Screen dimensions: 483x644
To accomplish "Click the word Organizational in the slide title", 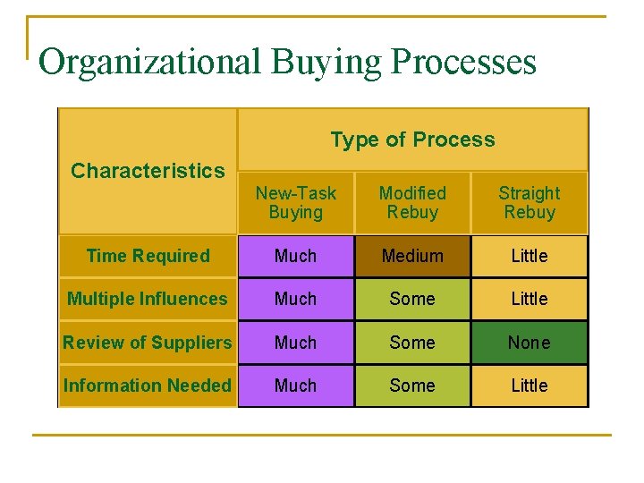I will click(150, 63).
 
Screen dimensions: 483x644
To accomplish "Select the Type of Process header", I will click(412, 140).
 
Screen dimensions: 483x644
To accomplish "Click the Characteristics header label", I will click(148, 171).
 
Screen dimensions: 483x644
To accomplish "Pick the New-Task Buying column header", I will click(295, 203).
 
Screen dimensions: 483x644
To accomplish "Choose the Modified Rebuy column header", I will click(412, 203).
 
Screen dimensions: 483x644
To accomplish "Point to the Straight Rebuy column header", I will click(530, 203).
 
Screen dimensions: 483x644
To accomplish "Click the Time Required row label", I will click(148, 256).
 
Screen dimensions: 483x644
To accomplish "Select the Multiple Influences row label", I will click(148, 299).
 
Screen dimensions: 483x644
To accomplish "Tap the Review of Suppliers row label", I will click(148, 343).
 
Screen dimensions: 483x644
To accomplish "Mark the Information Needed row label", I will click(148, 386).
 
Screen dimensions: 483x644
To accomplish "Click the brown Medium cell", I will click(412, 256).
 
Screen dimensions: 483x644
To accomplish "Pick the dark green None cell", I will click(530, 343).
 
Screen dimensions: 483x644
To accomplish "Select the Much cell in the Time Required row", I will click(295, 256).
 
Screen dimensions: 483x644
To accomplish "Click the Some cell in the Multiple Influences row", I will click(412, 299).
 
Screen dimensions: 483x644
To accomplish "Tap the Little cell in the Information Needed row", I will click(530, 386).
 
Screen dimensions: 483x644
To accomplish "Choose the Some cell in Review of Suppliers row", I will click(412, 343).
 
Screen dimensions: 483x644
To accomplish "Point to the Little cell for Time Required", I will click(530, 256).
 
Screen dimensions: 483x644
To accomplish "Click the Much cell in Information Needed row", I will click(295, 386).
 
